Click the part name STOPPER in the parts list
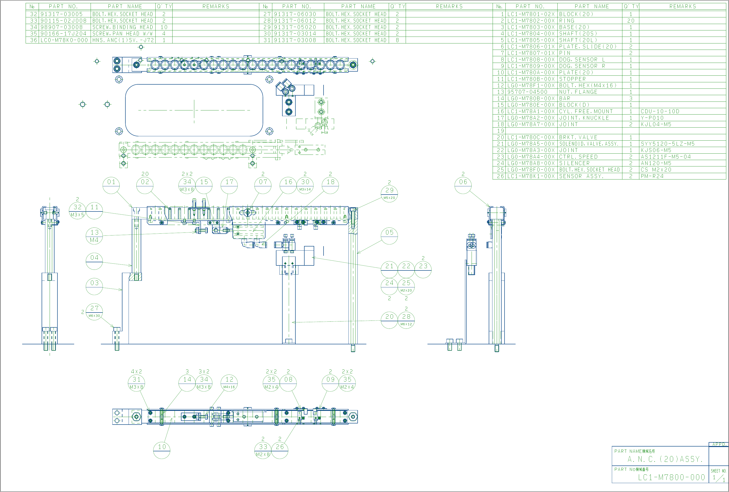(572, 79)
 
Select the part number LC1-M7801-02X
(531, 14)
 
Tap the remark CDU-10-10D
(660, 111)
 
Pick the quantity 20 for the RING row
(631, 21)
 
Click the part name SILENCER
(574, 163)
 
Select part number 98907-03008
(62, 27)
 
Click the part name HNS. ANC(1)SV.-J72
(123, 40)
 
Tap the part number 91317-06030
(295, 14)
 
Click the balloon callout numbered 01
(111, 182)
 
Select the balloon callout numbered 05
(389, 233)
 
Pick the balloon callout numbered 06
(463, 182)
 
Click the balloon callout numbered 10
(162, 447)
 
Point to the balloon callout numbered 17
(229, 182)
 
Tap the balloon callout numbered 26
(280, 447)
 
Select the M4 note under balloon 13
(94, 240)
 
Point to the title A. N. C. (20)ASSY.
(665, 459)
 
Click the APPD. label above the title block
(719, 444)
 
